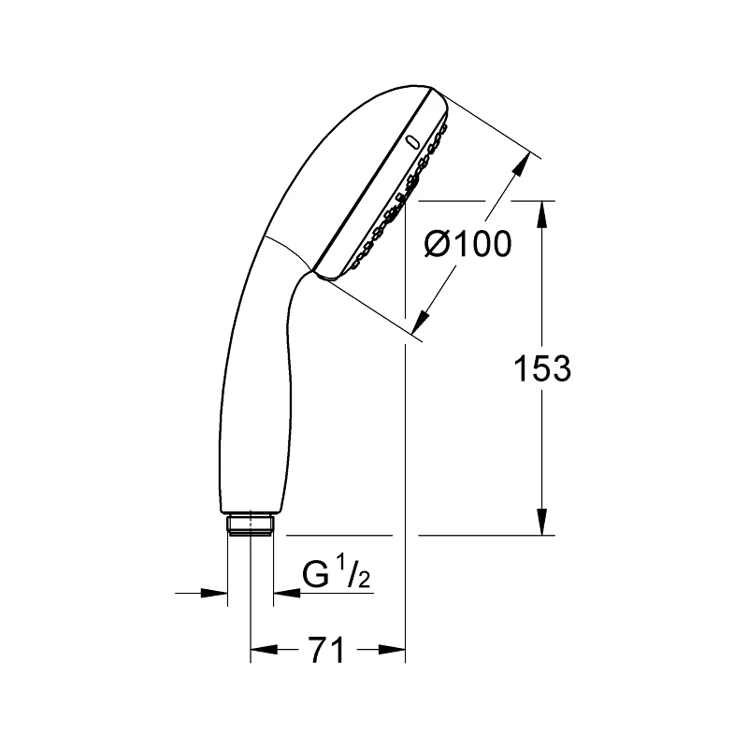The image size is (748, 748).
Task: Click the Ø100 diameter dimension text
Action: pyautogui.click(x=467, y=244)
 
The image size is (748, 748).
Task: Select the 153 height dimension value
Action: pyautogui.click(x=542, y=368)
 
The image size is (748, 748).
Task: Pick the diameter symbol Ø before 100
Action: pyautogui.click(x=440, y=244)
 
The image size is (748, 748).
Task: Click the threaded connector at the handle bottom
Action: pyautogui.click(x=251, y=525)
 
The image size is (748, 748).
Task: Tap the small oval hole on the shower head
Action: pyautogui.click(x=410, y=142)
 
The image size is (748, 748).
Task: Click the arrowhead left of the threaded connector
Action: pyautogui.click(x=217, y=592)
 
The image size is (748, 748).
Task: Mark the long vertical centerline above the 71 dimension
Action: pyautogui.click(x=405, y=421)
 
